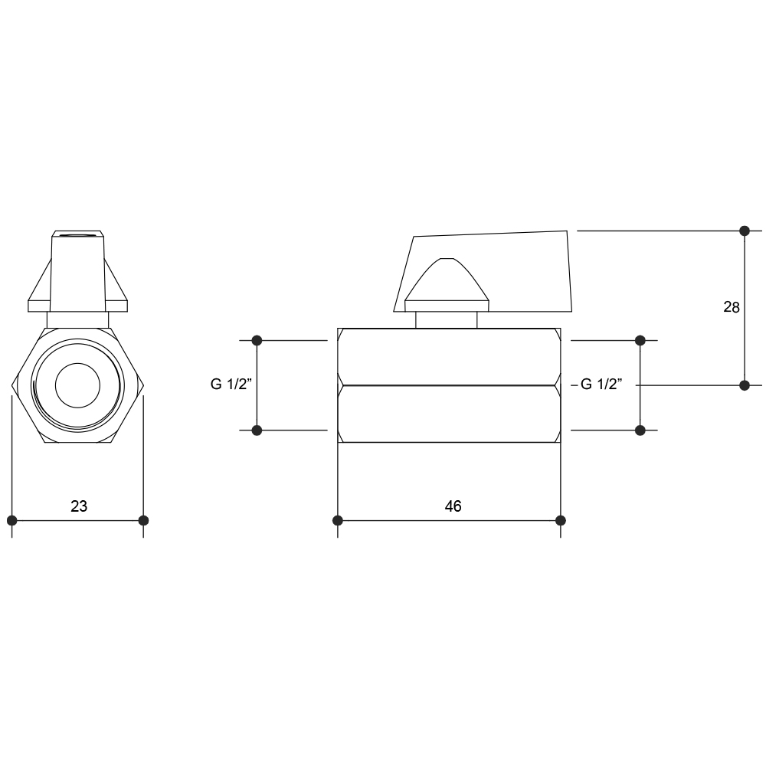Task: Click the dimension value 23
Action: (79, 506)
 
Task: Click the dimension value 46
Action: (453, 506)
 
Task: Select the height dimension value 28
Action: (732, 307)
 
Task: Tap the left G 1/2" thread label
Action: (231, 385)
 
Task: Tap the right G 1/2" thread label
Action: (601, 385)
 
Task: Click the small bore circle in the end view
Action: (77, 385)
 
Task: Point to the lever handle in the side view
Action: (483, 271)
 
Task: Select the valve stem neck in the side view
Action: (447, 320)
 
